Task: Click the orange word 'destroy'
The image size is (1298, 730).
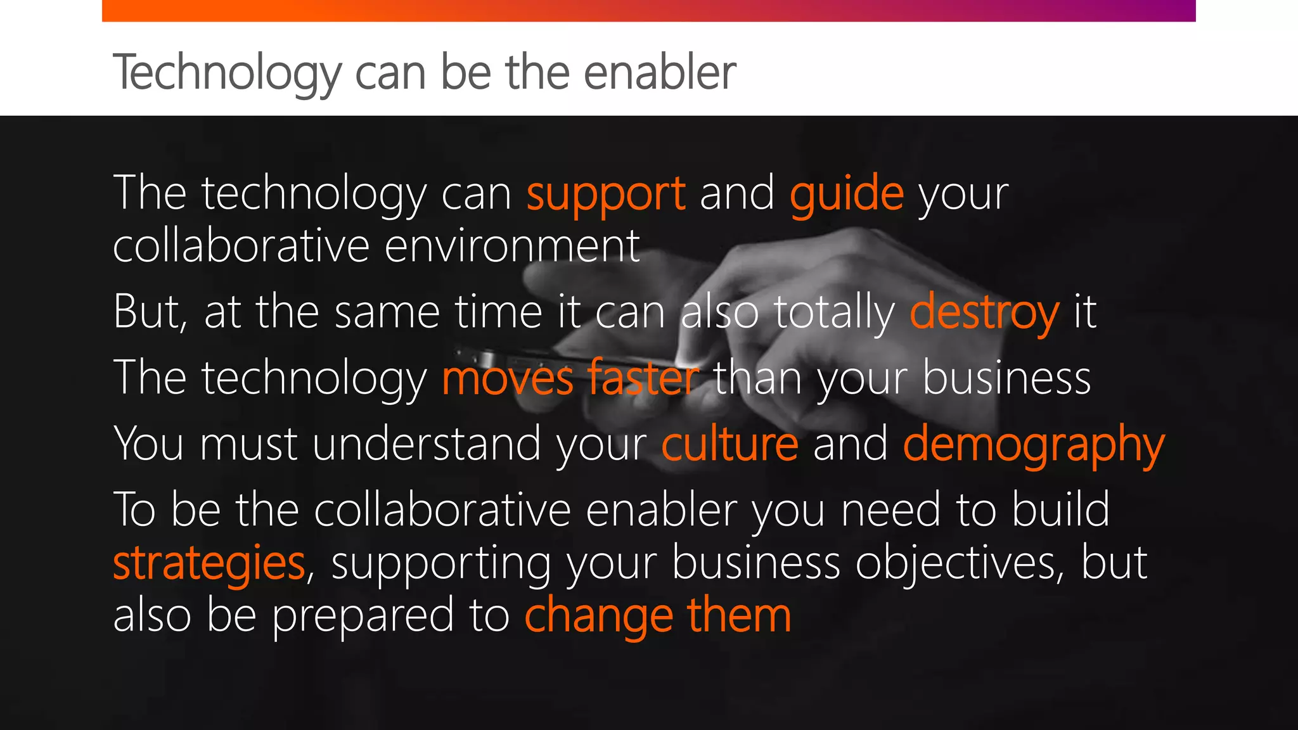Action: [984, 312]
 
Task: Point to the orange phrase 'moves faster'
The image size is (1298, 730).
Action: [570, 378]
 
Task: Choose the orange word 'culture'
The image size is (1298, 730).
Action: [729, 444]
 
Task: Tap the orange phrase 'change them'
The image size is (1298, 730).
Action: [658, 615]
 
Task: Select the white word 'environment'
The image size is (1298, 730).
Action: [512, 246]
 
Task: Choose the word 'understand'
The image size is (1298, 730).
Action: [427, 444]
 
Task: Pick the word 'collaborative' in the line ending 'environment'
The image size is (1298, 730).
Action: [241, 246]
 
